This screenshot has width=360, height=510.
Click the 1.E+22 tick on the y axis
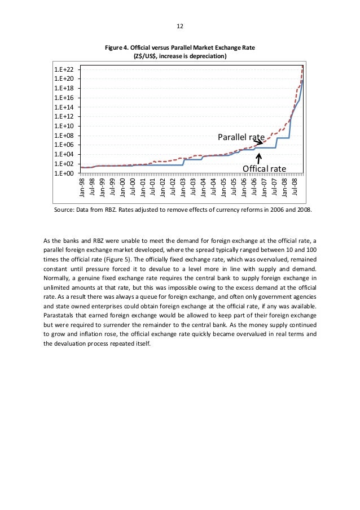tap(64, 69)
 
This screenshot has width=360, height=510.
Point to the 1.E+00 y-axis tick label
tap(64, 173)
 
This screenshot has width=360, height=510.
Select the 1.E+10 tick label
tap(64, 126)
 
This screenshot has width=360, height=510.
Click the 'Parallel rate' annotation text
tap(242, 137)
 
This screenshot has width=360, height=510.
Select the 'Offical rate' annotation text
tap(265, 168)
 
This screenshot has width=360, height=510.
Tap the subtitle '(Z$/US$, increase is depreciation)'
tap(180, 56)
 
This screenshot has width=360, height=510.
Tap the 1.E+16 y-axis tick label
tap(64, 98)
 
